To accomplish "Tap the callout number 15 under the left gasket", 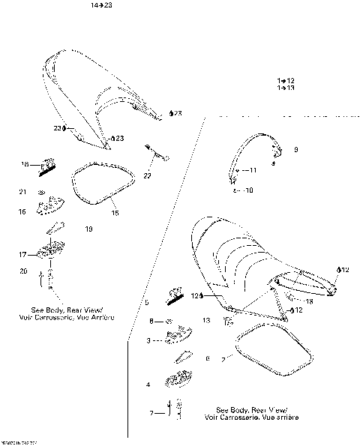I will click(115, 213).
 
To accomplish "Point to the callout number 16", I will click(22, 212).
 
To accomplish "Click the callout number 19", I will click(89, 229).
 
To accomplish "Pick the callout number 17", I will click(22, 255).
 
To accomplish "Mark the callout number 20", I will click(22, 271).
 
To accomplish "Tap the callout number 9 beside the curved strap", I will click(295, 151).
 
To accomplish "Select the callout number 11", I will click(252, 171).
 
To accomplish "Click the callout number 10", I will click(249, 190).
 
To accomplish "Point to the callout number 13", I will click(205, 320).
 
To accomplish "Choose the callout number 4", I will click(148, 385).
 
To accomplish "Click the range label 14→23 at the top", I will click(101, 5).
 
